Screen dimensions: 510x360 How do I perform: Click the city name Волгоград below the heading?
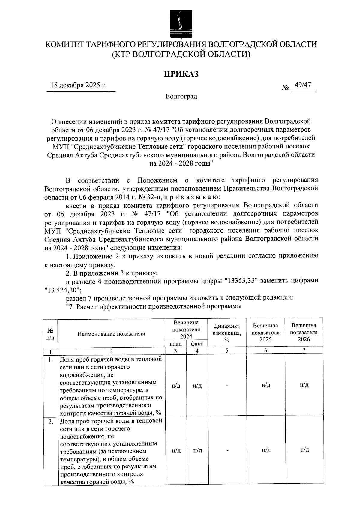(181, 97)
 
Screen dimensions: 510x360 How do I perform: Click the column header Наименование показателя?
(111, 334)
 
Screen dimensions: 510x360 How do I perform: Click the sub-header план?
(175, 344)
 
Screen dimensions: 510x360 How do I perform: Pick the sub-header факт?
(197, 344)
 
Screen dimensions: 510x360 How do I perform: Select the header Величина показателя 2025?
(265, 333)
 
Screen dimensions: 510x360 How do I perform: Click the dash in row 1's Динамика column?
(227, 386)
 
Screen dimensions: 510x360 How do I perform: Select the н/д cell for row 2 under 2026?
(304, 450)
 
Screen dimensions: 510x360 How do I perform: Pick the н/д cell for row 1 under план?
(176, 386)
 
